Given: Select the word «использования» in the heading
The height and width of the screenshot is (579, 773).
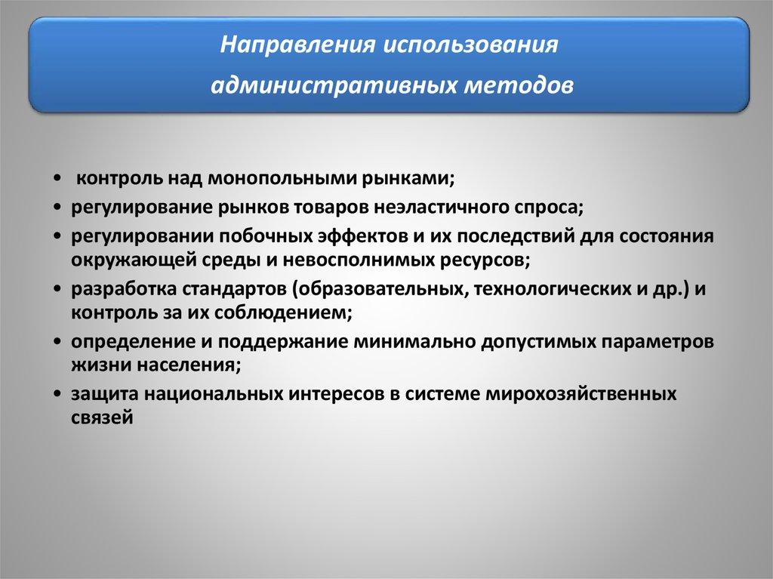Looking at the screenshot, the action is [x=470, y=45].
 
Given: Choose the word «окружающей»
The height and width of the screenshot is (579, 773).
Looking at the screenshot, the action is [x=133, y=260].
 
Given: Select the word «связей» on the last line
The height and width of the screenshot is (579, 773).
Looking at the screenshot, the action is [x=102, y=418].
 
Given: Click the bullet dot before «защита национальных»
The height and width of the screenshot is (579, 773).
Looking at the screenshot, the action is [x=59, y=395].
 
